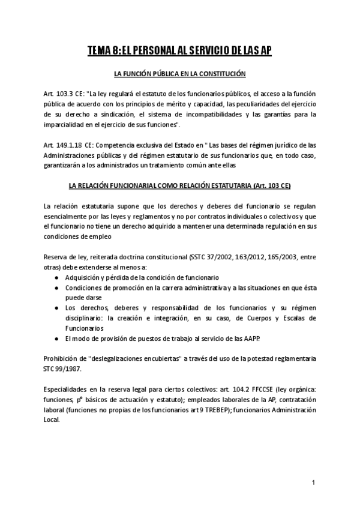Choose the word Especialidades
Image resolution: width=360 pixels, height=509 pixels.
(x=69, y=388)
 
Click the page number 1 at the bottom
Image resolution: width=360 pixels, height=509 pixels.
(x=313, y=483)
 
